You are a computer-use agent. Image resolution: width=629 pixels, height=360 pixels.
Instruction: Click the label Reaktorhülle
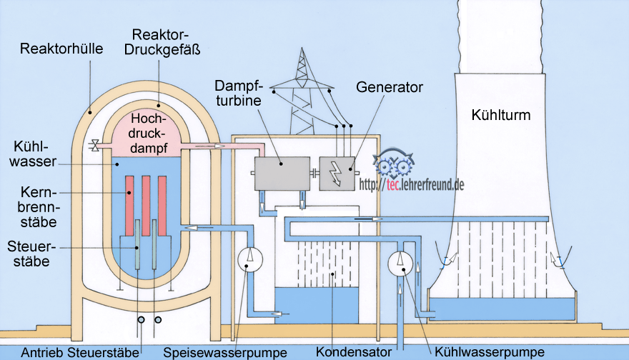[61, 49]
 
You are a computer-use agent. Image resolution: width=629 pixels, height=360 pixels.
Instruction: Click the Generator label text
[390, 87]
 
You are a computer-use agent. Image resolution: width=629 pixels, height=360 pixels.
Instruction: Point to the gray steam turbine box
[280, 173]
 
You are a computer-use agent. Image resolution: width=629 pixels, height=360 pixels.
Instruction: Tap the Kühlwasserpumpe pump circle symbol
[400, 263]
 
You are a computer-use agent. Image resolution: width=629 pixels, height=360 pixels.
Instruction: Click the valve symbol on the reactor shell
[94, 146]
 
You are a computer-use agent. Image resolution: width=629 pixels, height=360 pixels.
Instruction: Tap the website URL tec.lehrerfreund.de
[412, 185]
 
